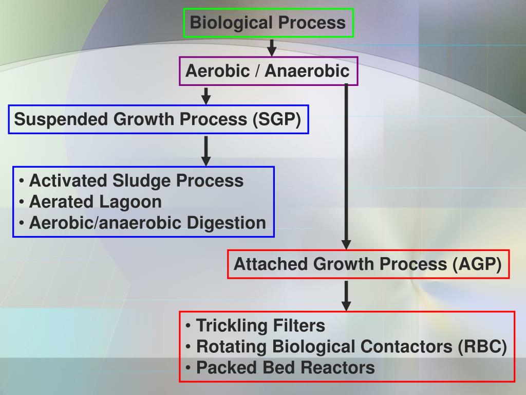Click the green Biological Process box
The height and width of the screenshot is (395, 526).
pyautogui.click(x=269, y=23)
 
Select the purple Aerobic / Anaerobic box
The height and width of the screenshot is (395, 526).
pyautogui.click(x=268, y=71)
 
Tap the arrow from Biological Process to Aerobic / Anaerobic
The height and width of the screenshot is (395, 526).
pyautogui.click(x=272, y=47)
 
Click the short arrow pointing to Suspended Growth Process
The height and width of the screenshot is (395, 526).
pyautogui.click(x=206, y=96)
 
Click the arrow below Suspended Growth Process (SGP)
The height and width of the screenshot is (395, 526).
pyautogui.click(x=206, y=150)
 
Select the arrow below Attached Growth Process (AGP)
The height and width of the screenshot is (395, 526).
pyautogui.click(x=346, y=295)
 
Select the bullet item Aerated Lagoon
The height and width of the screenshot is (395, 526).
pyautogui.click(x=95, y=202)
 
